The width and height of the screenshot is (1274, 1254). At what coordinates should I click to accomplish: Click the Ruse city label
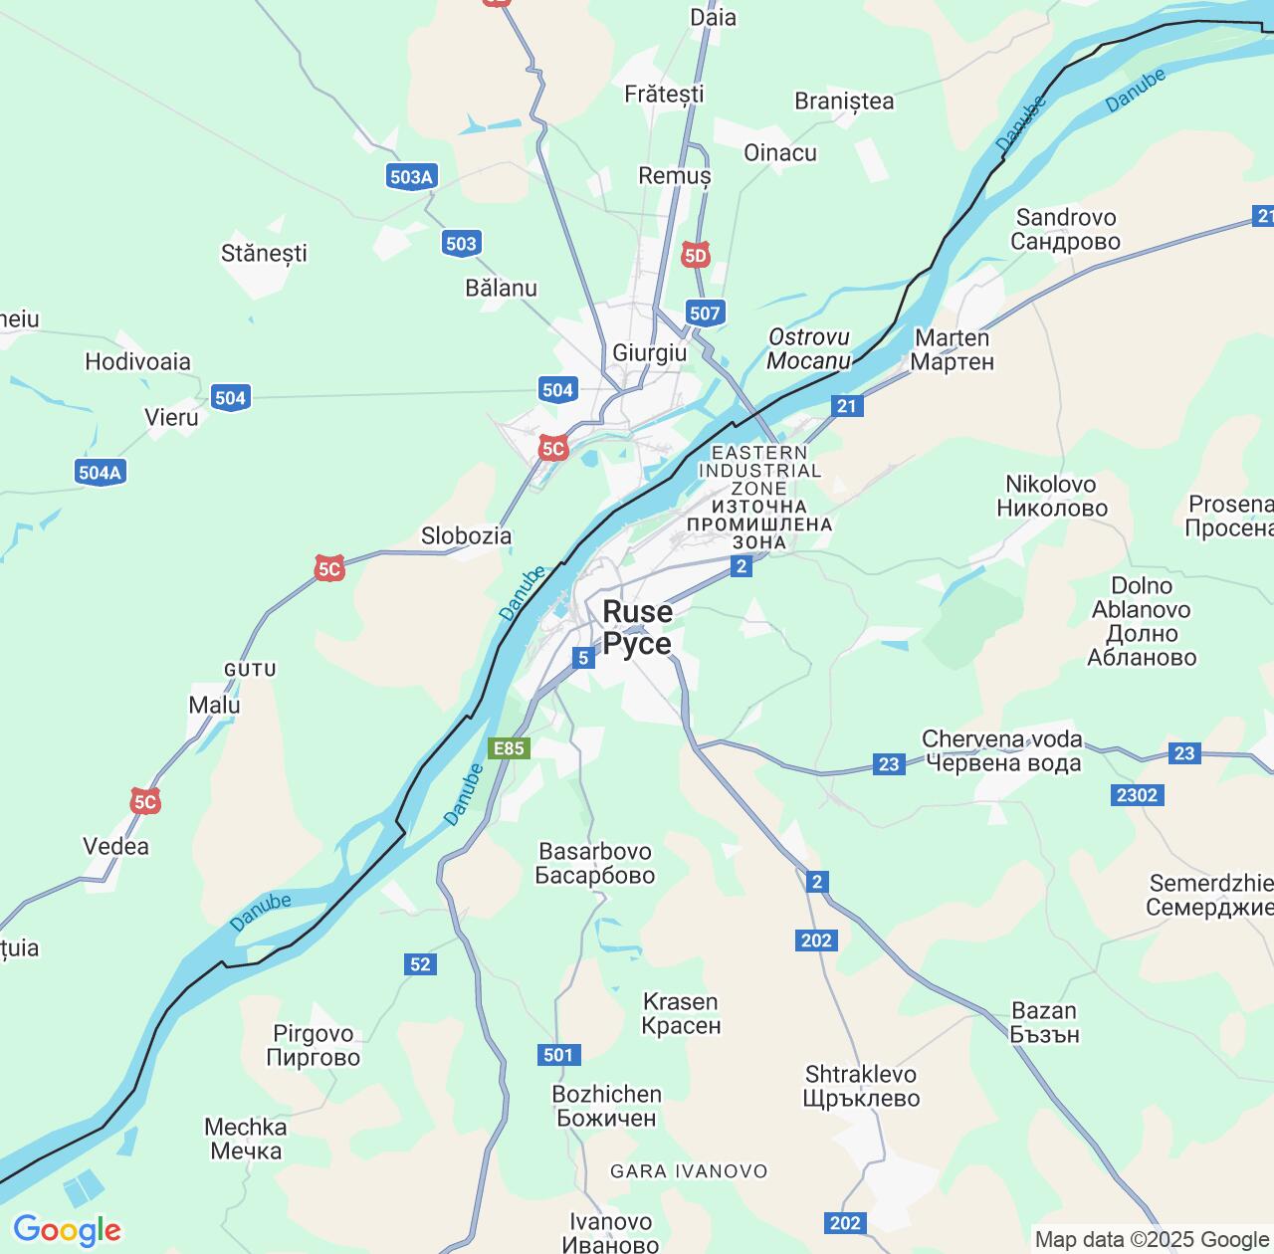[x=637, y=627]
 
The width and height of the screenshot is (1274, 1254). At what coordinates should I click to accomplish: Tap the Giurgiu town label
[x=649, y=353]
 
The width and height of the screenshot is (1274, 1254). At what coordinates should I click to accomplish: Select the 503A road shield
[x=411, y=177]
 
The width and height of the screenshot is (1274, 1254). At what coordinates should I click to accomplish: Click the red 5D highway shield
[x=696, y=256]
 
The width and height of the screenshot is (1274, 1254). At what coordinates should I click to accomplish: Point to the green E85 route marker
[x=509, y=748]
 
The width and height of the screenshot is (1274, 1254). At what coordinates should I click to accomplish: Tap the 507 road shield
[x=704, y=313]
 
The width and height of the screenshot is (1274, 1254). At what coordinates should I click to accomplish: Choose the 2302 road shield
[x=1137, y=794]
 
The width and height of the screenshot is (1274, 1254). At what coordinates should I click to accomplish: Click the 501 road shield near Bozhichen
[x=558, y=1055]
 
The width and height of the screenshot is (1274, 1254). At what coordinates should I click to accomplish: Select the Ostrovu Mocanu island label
[x=809, y=348]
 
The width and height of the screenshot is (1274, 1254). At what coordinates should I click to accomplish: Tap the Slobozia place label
[x=466, y=535]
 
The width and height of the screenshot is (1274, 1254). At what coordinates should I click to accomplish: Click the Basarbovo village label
[x=595, y=863]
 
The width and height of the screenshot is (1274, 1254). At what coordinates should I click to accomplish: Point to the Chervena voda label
[x=1002, y=750]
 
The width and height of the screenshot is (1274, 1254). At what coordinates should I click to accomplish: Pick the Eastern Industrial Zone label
[x=759, y=498]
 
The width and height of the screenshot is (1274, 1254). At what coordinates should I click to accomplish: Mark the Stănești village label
[x=264, y=253]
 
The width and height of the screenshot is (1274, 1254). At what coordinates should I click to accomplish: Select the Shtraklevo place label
[x=862, y=1086]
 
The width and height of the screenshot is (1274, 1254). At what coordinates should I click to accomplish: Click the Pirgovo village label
[x=314, y=1045]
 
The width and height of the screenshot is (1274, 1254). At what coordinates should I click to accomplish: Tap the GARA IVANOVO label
[x=689, y=1171]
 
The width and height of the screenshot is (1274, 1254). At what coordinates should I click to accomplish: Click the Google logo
[x=67, y=1230]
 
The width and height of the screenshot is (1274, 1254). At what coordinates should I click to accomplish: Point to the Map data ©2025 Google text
[x=1152, y=1239]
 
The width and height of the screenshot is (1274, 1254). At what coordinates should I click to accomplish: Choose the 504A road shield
[x=100, y=472]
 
